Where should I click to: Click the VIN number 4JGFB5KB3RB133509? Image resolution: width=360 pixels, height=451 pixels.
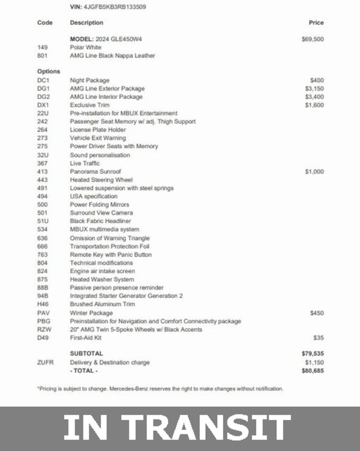(115, 7)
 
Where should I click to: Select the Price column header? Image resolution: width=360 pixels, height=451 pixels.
(316, 22)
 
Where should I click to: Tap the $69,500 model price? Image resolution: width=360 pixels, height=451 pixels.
(313, 39)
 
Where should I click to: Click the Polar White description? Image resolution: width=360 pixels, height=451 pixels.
(85, 47)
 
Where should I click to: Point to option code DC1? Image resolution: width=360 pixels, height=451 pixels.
(43, 80)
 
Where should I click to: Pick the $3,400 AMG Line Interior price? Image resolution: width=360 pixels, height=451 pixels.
(314, 97)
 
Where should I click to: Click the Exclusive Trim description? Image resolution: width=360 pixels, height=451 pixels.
(90, 105)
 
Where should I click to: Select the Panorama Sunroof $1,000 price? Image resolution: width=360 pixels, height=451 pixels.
(314, 172)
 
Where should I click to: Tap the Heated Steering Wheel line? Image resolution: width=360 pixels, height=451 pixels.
(101, 180)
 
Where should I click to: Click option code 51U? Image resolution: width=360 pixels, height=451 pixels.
(43, 221)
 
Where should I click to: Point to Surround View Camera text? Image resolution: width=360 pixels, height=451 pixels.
(101, 213)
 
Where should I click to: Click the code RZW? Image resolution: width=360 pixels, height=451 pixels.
(44, 329)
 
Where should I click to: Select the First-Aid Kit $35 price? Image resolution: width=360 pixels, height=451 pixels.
(319, 337)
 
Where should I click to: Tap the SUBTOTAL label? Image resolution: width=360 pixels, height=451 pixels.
(86, 353)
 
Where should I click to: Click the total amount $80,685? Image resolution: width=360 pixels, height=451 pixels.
(313, 371)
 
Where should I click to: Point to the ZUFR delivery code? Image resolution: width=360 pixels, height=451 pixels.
(45, 362)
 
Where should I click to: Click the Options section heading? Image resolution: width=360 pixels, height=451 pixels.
(49, 71)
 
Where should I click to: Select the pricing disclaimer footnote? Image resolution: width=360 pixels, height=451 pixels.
(160, 389)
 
